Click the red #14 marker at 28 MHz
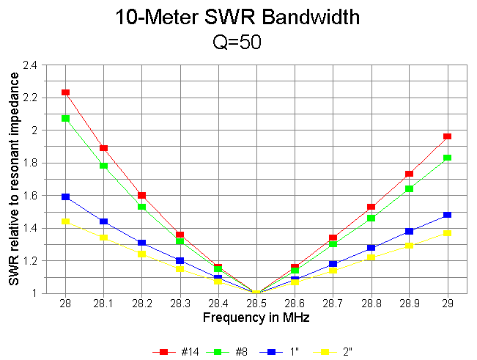(66, 92)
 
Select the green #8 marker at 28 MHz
(66, 118)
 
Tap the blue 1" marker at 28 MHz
(66, 196)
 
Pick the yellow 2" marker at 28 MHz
(66, 221)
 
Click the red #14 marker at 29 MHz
(447, 136)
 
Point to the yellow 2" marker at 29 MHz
(447, 232)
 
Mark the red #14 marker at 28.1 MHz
(104, 148)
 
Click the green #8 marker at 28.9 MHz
(409, 188)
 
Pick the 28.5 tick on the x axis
(256, 303)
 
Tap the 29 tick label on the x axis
(447, 303)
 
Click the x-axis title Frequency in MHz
(256, 317)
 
